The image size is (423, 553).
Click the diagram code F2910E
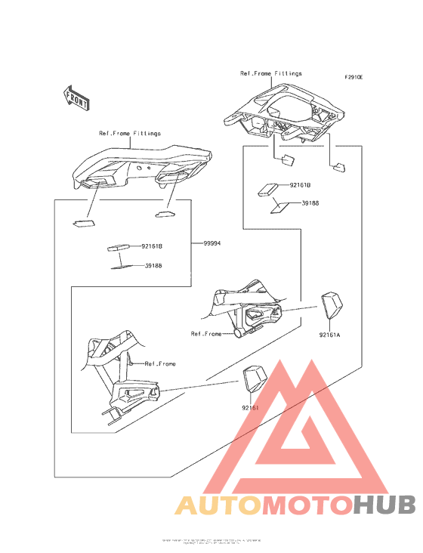tap(354, 77)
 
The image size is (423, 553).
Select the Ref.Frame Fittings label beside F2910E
tap(270, 73)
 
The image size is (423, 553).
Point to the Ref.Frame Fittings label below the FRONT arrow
tap(129, 133)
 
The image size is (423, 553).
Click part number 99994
tap(213, 244)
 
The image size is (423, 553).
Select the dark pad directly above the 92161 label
tap(254, 378)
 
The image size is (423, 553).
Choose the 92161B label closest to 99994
tap(151, 246)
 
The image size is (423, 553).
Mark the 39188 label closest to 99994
tap(153, 265)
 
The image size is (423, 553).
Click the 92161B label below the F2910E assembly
tap(301, 184)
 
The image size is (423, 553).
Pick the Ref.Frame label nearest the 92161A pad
tap(206, 333)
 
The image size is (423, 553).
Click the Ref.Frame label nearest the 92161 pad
tap(160, 363)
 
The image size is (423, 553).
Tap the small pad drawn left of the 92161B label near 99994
tap(117, 247)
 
